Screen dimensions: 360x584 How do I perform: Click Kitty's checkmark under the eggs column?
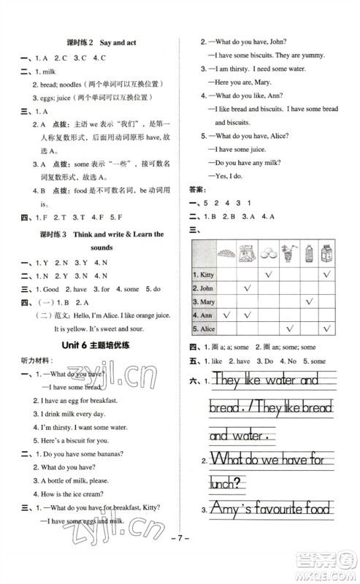coord(269,274)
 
